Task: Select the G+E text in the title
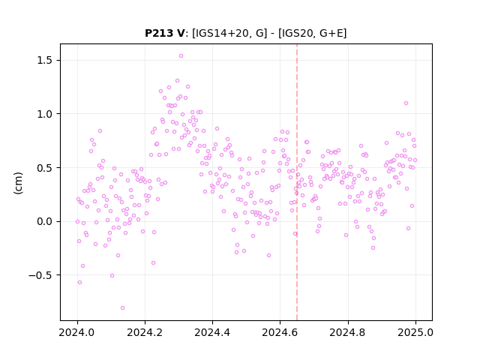coord(331,33)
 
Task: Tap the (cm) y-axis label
coord(18,183)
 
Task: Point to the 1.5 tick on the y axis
coord(45,60)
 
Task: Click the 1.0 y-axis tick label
coord(45,114)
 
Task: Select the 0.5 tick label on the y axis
coord(45,168)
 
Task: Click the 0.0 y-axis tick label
coord(45,221)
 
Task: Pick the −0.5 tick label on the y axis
coord(40,275)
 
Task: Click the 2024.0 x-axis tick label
coord(77,332)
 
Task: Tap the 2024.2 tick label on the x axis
coord(145,332)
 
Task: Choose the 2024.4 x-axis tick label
coord(212,332)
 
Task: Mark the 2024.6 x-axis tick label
coord(280,332)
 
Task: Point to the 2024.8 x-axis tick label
coord(348,332)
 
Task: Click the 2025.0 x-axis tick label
coord(415,332)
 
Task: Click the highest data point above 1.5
coord(181,56)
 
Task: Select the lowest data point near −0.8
coord(122,308)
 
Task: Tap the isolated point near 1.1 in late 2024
coord(406,103)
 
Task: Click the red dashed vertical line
coord(297,182)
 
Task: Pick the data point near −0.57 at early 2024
coord(79,282)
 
